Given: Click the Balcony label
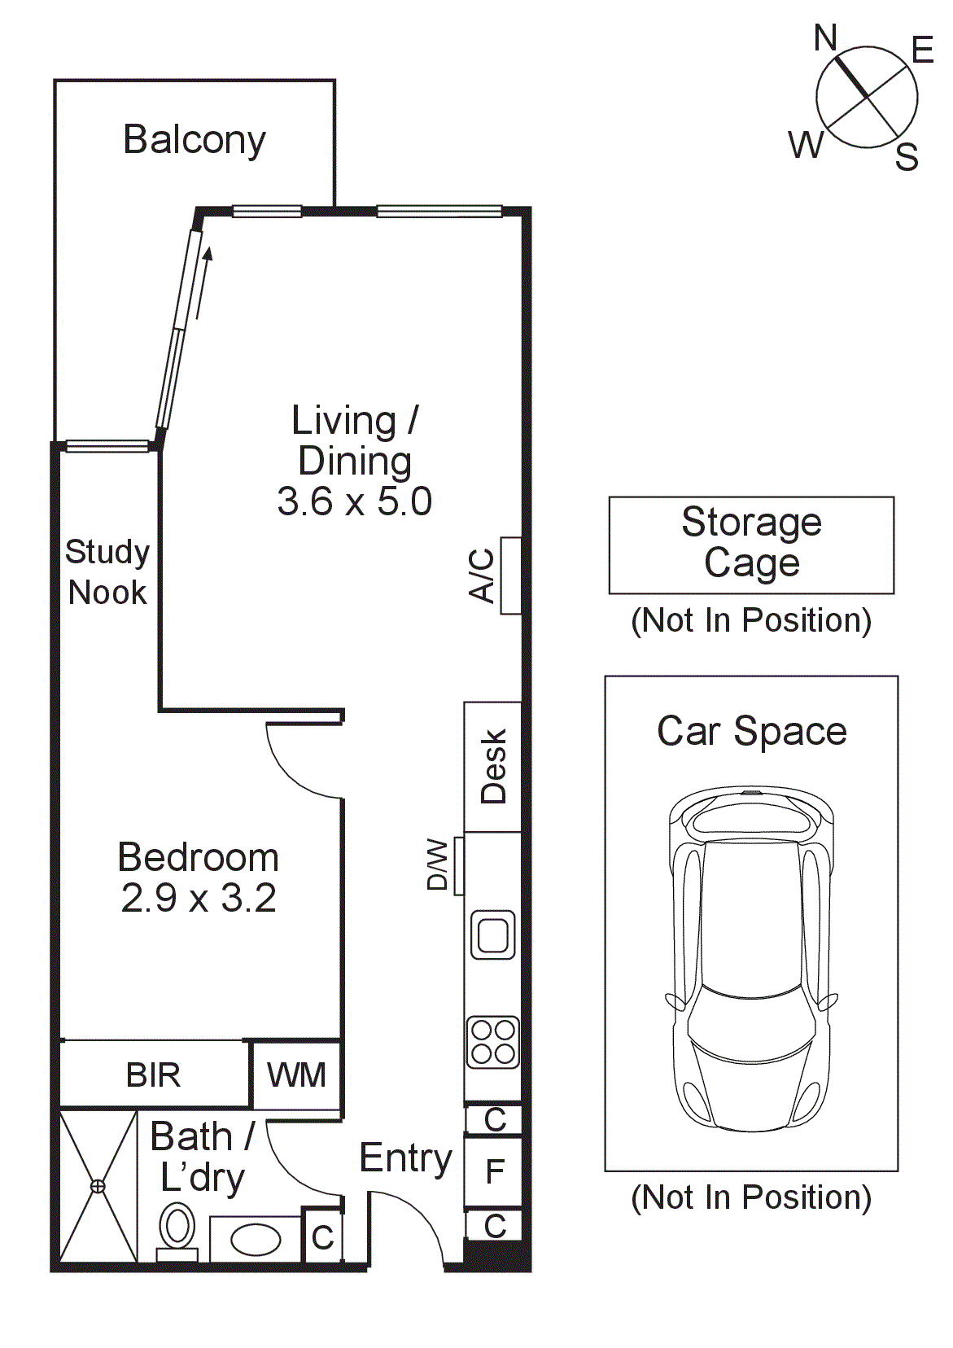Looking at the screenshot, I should (x=194, y=140).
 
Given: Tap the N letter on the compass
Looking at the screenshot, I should (x=825, y=37).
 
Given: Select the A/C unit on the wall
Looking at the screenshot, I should (x=510, y=576).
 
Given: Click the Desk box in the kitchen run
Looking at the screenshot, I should (x=492, y=767).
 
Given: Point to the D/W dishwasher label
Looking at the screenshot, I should (x=438, y=864).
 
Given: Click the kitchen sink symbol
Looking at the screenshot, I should (x=493, y=934).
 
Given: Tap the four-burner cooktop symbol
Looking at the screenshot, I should (x=493, y=1042).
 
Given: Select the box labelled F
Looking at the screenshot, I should (x=494, y=1172).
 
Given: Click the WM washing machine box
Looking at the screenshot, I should (x=296, y=1074).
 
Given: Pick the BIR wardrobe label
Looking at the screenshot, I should (x=153, y=1074).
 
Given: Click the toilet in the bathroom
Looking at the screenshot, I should (x=177, y=1229).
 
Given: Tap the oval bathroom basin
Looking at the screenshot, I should (x=256, y=1240).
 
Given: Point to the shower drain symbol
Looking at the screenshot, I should (x=98, y=1186).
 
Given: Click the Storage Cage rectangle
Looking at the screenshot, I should (x=751, y=545).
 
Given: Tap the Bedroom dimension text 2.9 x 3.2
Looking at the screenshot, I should (x=199, y=898).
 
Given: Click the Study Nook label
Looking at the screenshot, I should (x=107, y=571).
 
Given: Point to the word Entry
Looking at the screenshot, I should (x=405, y=1158).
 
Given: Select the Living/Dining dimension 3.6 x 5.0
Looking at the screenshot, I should (x=354, y=501).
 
